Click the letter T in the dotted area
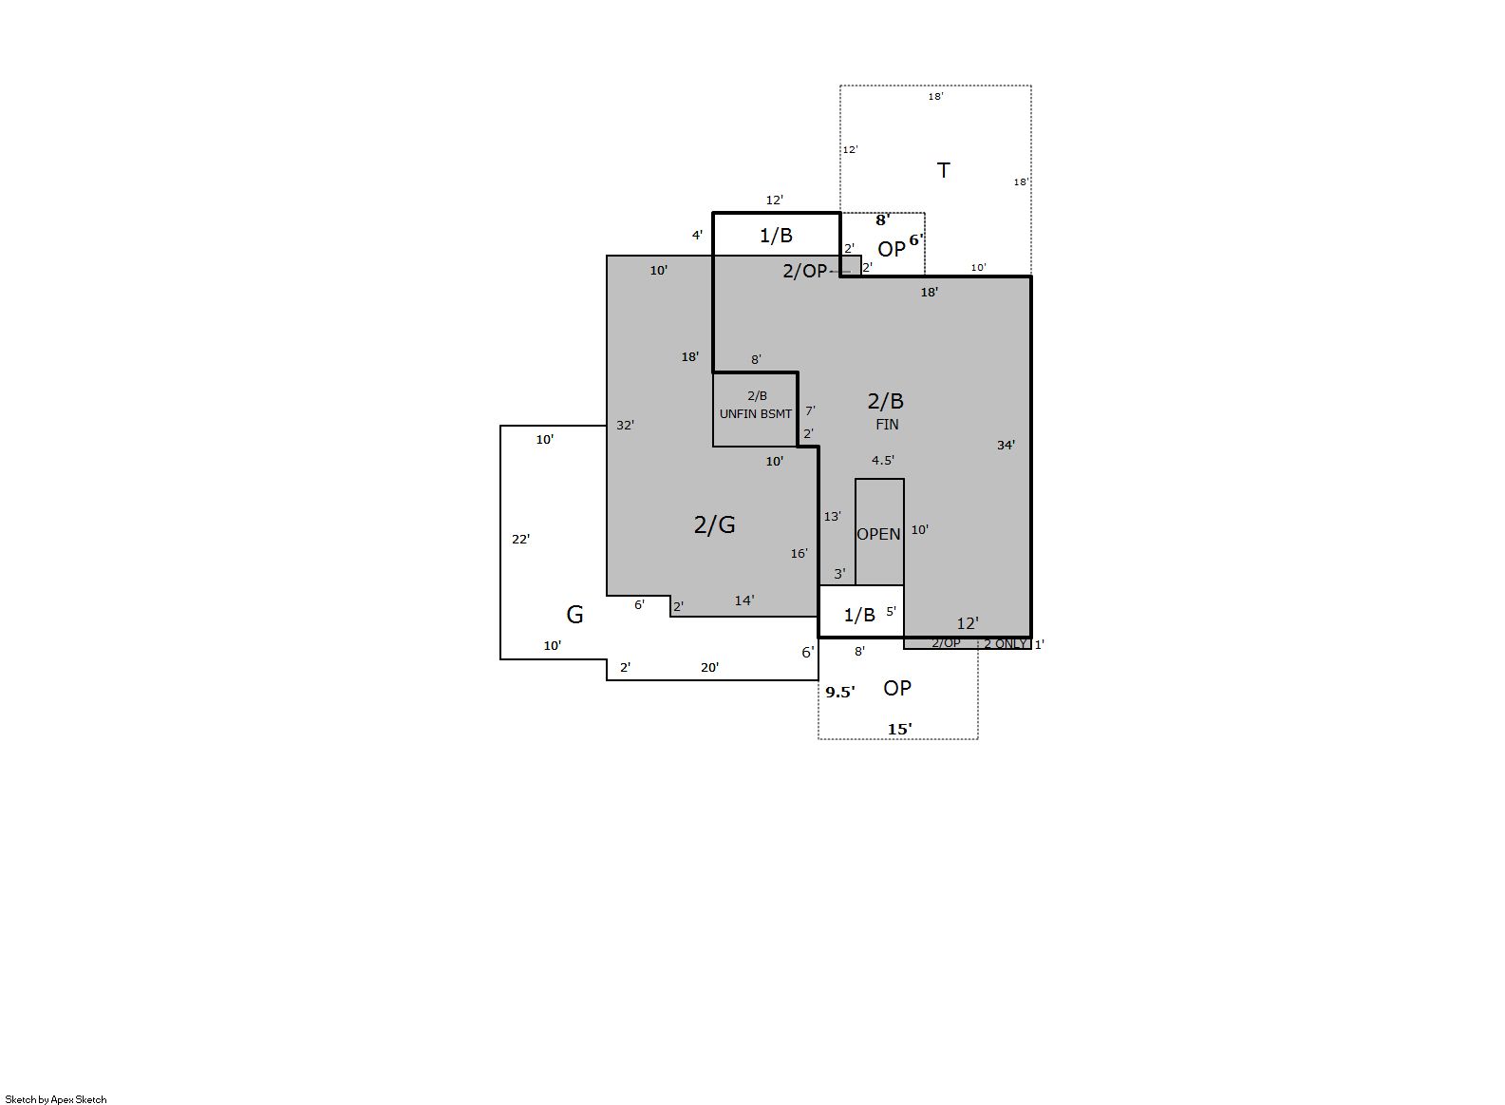(943, 170)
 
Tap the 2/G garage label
(714, 524)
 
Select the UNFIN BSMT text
(756, 414)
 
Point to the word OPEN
(878, 534)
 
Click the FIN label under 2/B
(887, 424)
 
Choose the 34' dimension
(1006, 445)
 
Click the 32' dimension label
(625, 425)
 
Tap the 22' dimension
(520, 539)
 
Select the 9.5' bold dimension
(839, 693)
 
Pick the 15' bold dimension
(899, 730)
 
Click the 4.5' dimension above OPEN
(883, 461)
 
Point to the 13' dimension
(833, 516)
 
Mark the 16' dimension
(799, 553)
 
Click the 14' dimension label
(743, 600)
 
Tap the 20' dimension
(709, 667)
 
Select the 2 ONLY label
(1006, 644)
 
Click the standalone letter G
(574, 615)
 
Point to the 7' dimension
(810, 410)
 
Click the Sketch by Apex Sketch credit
(56, 1099)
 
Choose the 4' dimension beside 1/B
(697, 235)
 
